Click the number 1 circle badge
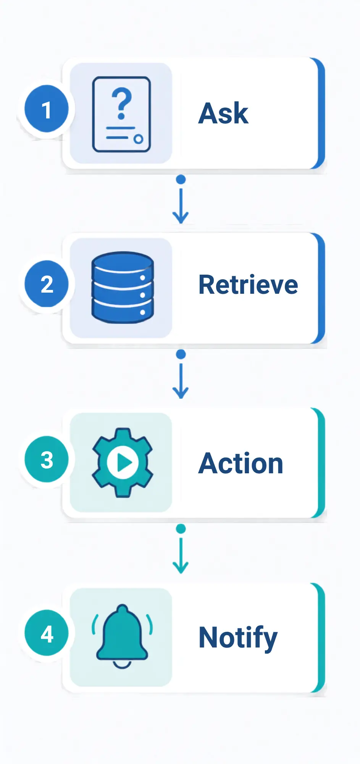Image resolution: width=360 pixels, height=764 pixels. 47,109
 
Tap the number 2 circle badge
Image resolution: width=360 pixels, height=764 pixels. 47,284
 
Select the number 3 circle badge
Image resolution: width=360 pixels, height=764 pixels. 47,459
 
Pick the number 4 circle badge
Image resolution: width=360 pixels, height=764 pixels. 47,633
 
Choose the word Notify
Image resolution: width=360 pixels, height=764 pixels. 238,638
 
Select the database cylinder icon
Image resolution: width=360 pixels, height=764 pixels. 122,287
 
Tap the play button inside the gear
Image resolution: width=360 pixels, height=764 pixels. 122,463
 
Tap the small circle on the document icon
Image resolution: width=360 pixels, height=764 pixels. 138,139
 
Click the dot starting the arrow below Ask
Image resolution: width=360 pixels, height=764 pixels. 181,180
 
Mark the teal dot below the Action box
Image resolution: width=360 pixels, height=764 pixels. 181,529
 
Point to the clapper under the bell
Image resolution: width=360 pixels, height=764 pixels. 122,664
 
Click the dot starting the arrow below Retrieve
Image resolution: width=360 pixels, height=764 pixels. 181,354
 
